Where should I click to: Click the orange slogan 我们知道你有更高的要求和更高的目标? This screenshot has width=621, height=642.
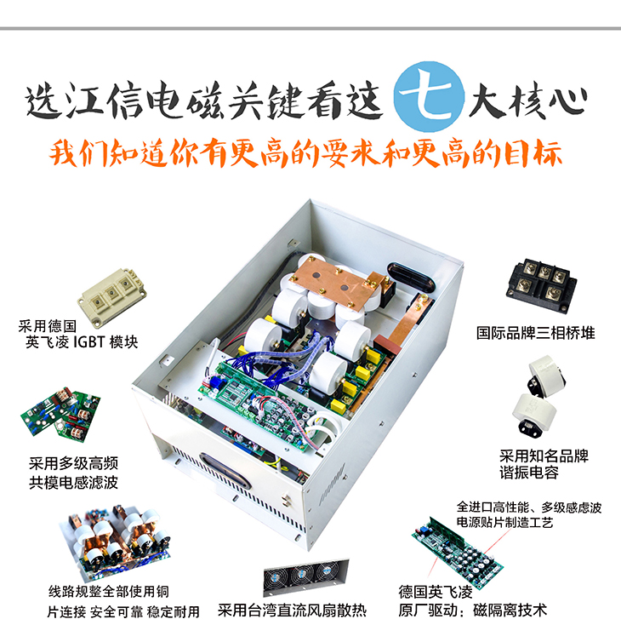(311, 155)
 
